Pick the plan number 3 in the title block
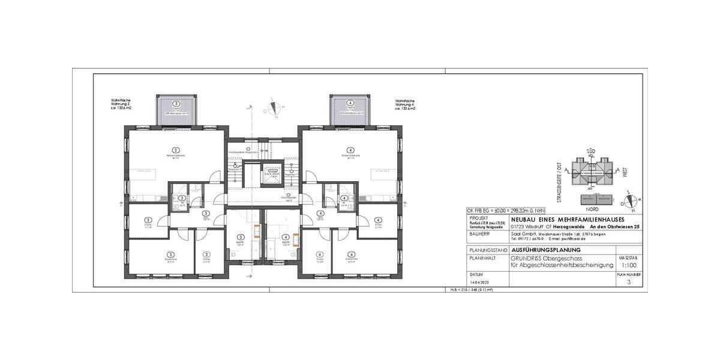(x=628, y=281)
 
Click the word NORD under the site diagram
(x=593, y=209)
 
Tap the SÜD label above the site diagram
(x=591, y=152)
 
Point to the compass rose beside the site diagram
(x=632, y=201)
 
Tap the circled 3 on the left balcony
(x=176, y=103)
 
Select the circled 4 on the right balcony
(x=350, y=103)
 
